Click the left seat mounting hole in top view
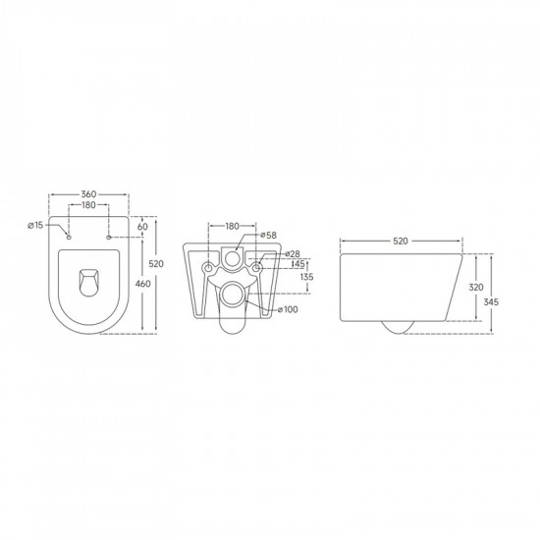coord(68,236)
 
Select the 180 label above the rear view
coord(233,227)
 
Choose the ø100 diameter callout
coord(288,311)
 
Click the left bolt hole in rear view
coord(209,267)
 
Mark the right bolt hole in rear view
coord(256,267)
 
